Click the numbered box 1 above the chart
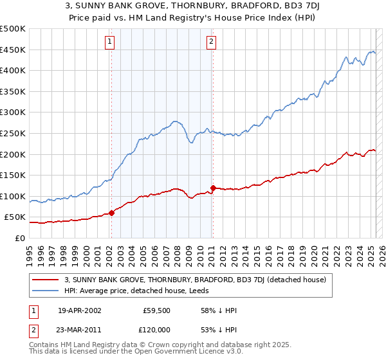[110, 42]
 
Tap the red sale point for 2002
[111, 213]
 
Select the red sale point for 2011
[213, 188]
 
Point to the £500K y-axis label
[12, 29]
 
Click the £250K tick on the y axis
[12, 133]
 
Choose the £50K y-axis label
[15, 217]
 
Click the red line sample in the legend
[46, 280]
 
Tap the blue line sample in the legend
[46, 291]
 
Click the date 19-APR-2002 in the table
[80, 310]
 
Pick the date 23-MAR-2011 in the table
[80, 329]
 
